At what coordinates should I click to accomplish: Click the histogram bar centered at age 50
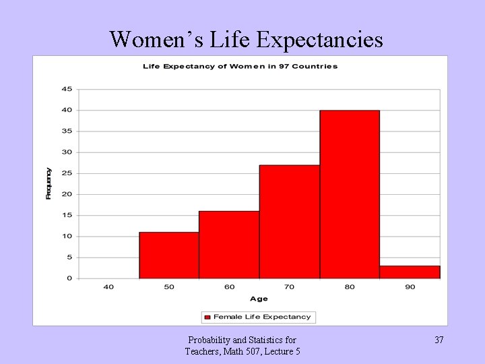(169, 255)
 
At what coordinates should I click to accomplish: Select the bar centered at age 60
(229, 245)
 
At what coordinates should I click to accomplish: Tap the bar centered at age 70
(290, 222)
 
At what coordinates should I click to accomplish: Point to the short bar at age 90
(410, 272)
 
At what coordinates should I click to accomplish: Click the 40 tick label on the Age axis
(108, 287)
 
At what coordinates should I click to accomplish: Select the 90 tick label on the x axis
(410, 287)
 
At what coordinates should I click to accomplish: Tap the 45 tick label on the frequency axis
(67, 89)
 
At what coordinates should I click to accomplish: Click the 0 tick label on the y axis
(69, 278)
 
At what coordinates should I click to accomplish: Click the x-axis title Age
(259, 299)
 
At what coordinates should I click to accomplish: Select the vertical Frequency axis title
(48, 183)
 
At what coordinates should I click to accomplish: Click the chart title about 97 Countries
(240, 66)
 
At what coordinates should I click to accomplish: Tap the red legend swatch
(207, 317)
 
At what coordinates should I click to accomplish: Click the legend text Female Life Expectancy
(262, 317)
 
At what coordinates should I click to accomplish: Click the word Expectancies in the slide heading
(320, 39)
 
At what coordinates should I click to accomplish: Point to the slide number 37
(439, 340)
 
